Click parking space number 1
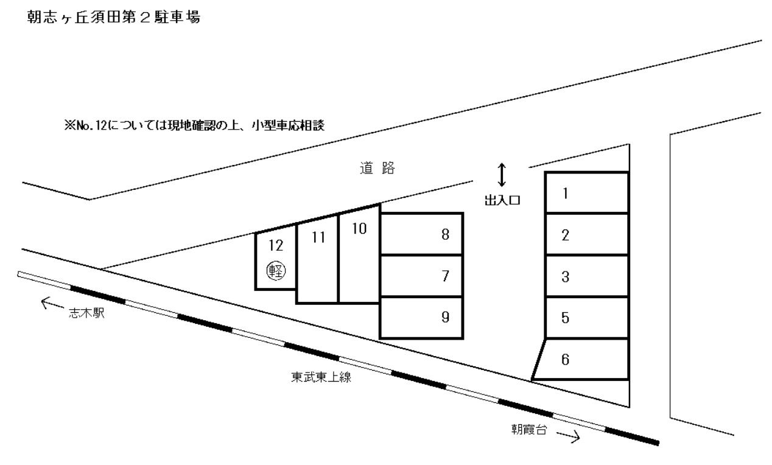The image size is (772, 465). [586, 193]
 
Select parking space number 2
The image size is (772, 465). [586, 235]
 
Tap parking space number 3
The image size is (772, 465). [586, 277]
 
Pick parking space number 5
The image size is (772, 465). [586, 318]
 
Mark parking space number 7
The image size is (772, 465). [421, 276]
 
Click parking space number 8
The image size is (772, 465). [421, 234]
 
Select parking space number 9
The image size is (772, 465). [421, 317]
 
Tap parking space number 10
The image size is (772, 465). [359, 256]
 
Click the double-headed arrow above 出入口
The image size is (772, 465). [502, 175]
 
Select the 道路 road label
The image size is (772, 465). [377, 170]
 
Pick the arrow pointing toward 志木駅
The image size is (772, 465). [52, 302]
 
